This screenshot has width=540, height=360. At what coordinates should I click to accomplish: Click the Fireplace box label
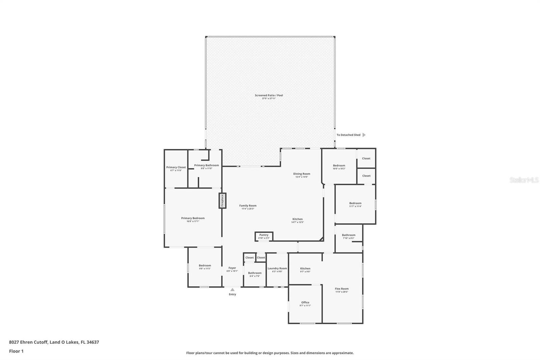click(x=222, y=200)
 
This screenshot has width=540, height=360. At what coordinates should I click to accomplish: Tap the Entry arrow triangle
click(x=232, y=289)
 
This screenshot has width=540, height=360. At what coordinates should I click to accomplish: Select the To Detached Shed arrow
click(x=364, y=135)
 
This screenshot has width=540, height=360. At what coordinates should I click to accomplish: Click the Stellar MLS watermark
click(x=524, y=180)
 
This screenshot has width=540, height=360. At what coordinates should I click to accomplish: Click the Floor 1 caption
click(x=16, y=351)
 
